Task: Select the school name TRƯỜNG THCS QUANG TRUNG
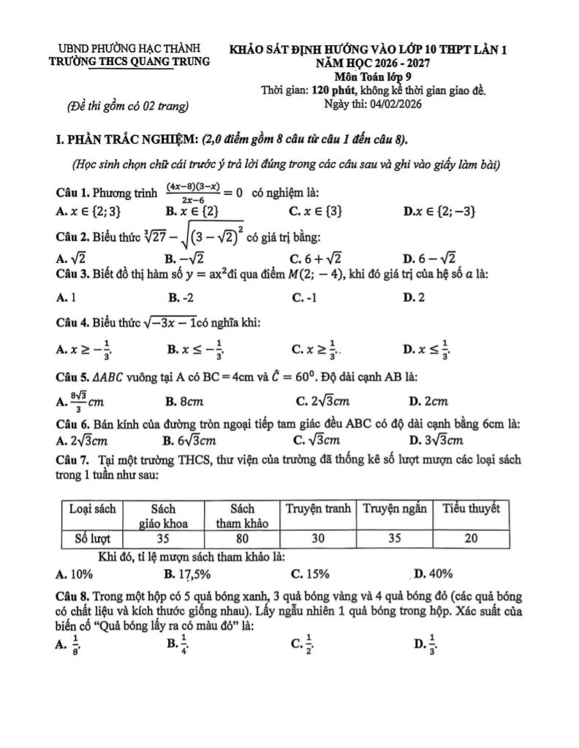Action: click(x=128, y=61)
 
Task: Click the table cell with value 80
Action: click(x=241, y=539)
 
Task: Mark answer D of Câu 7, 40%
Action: click(x=434, y=573)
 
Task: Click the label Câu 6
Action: click(x=72, y=424)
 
